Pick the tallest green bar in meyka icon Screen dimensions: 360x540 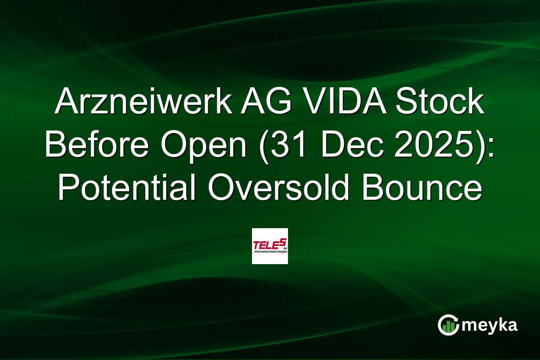click(452, 327)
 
